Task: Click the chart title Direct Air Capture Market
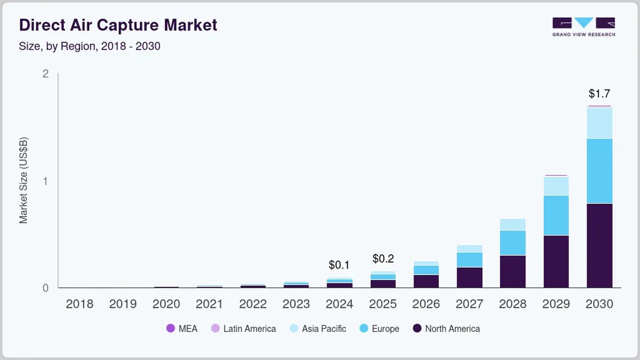(x=118, y=25)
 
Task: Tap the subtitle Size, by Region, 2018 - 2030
(x=89, y=46)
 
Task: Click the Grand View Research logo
(x=583, y=27)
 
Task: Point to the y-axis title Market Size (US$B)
(x=23, y=180)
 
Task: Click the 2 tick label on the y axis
(x=45, y=73)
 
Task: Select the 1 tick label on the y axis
(x=45, y=180)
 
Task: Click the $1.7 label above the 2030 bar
(x=599, y=93)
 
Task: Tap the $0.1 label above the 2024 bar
(x=339, y=265)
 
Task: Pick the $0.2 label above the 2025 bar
(x=383, y=258)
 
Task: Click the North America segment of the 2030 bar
(x=599, y=245)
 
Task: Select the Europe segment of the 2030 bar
(x=599, y=171)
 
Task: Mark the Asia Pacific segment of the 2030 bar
(x=599, y=123)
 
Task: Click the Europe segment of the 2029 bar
(x=556, y=215)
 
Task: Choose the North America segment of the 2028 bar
(x=512, y=271)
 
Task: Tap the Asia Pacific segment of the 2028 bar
(x=512, y=224)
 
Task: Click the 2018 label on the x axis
(x=79, y=304)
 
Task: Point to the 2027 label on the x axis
(x=469, y=304)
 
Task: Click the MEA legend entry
(x=182, y=328)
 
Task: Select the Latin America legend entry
(x=243, y=328)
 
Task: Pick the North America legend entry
(x=446, y=328)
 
